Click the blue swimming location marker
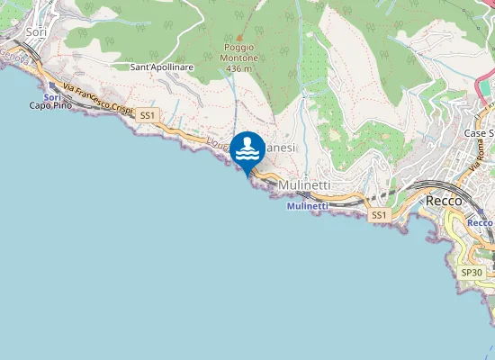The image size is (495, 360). (x=247, y=150)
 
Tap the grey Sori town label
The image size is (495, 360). (x=37, y=31)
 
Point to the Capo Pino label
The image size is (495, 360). (x=50, y=106)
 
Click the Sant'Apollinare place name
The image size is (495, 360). (x=162, y=67)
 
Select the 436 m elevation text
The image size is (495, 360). (x=238, y=68)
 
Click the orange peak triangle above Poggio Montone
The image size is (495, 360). (x=238, y=39)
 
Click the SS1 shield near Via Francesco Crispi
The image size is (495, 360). (x=148, y=115)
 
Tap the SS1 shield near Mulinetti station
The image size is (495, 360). (x=379, y=215)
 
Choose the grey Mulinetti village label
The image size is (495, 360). (x=305, y=184)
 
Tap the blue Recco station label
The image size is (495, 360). (x=481, y=222)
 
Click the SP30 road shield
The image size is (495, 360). (x=471, y=272)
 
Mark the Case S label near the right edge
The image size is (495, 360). (x=478, y=133)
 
